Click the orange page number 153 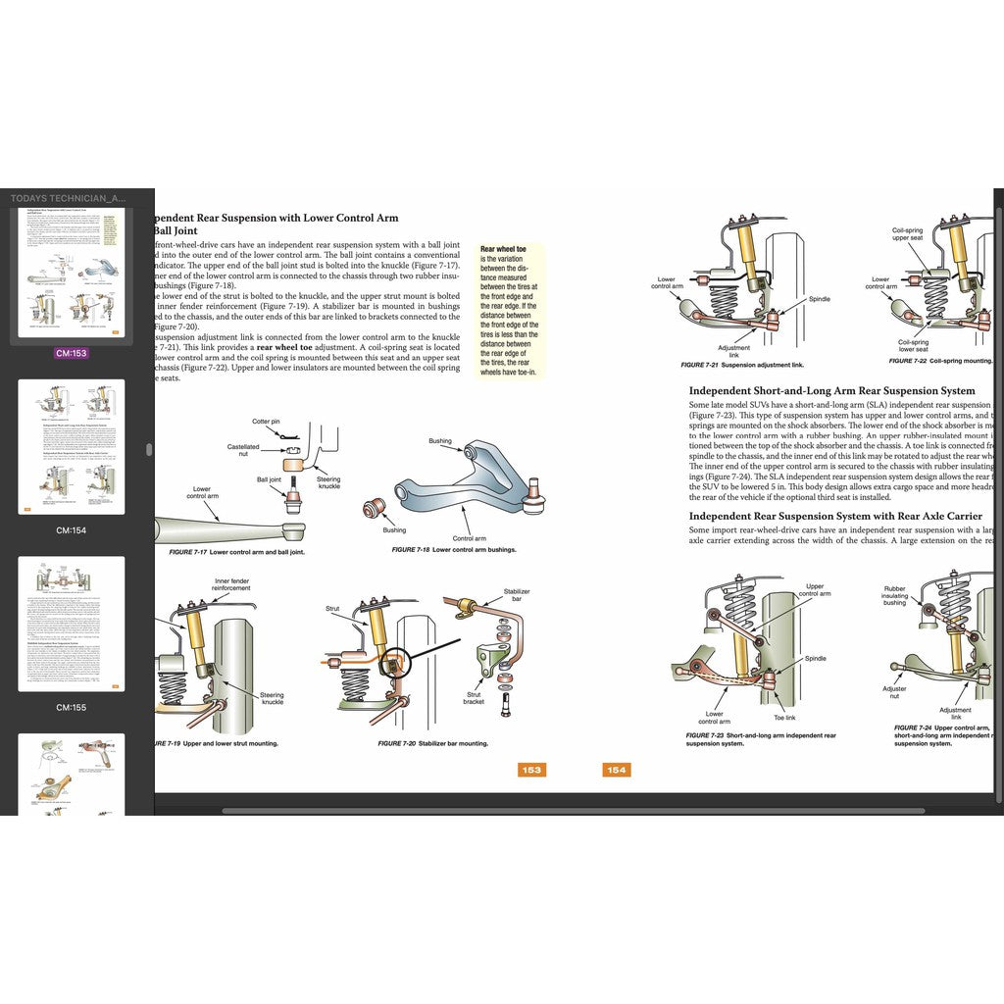pyautogui.click(x=531, y=770)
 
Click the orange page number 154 pyautogui.click(x=616, y=770)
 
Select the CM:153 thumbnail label pyautogui.click(x=72, y=353)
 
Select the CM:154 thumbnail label pyautogui.click(x=72, y=529)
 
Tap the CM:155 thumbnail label pyautogui.click(x=72, y=707)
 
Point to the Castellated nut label pyautogui.click(x=243, y=451)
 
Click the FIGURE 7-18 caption pyautogui.click(x=453, y=550)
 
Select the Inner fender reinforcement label pyautogui.click(x=232, y=585)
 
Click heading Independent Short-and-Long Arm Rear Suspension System pyautogui.click(x=831, y=390)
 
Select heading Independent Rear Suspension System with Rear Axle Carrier pyautogui.click(x=835, y=516)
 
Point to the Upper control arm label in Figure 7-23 pyautogui.click(x=814, y=590)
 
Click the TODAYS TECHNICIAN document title pyautogui.click(x=68, y=198)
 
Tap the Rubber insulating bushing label pyautogui.click(x=894, y=595)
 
